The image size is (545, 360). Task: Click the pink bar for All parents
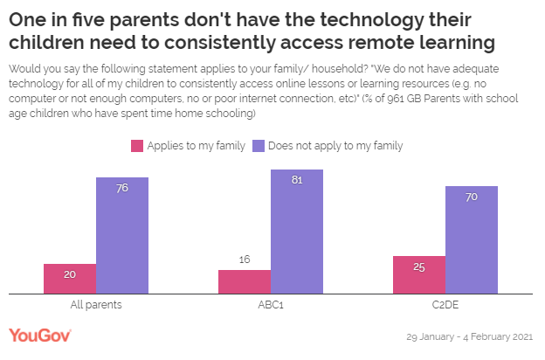pos(70,279)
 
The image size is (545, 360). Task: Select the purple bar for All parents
pos(122,236)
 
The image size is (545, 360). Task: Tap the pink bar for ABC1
pos(245,282)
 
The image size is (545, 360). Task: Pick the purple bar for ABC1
pos(297,232)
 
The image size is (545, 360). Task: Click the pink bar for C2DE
pos(419,275)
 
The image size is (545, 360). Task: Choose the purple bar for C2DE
pos(472,240)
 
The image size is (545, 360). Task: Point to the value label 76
pos(122,188)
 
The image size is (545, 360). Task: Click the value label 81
pos(297,180)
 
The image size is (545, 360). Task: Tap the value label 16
pos(245,260)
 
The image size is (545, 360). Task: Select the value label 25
pos(419,267)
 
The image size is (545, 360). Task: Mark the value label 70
pos(472,197)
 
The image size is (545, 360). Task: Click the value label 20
pos(70,273)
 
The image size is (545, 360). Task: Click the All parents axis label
pos(96,305)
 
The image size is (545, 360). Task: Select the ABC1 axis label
pos(271,305)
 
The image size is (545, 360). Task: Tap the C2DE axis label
pos(445,305)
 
